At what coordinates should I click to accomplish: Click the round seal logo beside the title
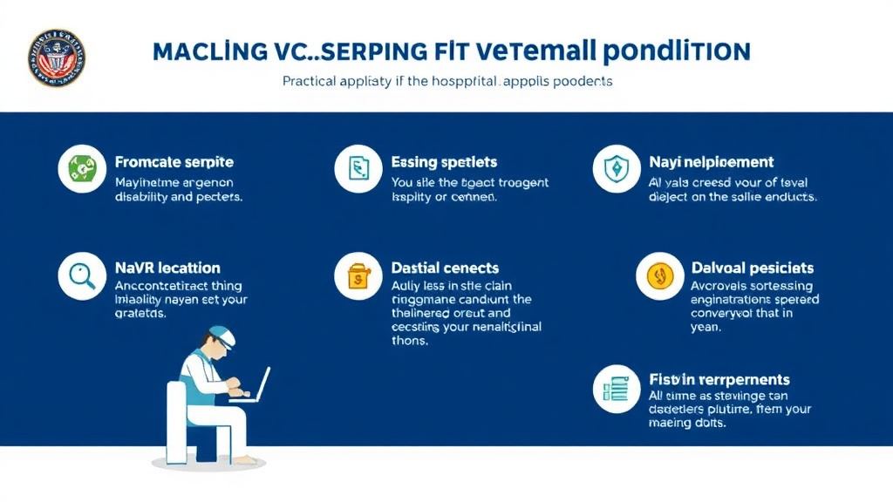coord(57,58)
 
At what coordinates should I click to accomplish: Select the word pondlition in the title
coord(676,51)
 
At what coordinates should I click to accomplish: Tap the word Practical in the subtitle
coord(310,81)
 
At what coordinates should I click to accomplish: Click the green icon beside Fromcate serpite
coord(82,168)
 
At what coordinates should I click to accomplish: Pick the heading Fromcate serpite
coord(174,162)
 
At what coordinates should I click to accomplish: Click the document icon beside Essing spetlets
coord(358,168)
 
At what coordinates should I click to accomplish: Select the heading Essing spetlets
coord(444,162)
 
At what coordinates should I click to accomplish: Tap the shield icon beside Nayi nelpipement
coord(617,168)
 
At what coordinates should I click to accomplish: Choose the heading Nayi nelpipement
coord(711,162)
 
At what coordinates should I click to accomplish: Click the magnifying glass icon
coord(82,276)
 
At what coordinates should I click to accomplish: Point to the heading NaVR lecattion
coord(167,268)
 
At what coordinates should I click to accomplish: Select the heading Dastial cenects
coord(446,268)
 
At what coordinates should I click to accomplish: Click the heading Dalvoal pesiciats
coord(752,268)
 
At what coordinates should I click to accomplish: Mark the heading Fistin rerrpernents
coord(719,379)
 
